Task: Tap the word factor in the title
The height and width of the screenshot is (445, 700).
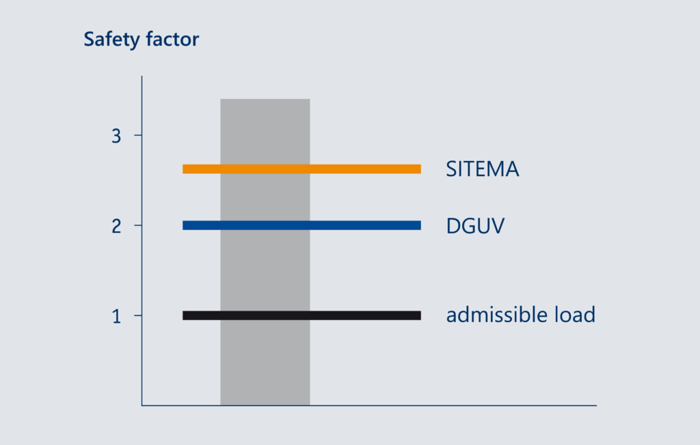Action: [x=172, y=40]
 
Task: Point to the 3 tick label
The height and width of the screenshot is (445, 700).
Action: [x=116, y=136]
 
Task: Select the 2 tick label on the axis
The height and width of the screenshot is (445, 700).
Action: [x=116, y=226]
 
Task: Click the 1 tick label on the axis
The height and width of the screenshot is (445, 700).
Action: [x=117, y=316]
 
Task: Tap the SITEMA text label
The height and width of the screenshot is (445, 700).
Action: [x=483, y=169]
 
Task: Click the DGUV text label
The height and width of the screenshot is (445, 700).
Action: [x=475, y=226]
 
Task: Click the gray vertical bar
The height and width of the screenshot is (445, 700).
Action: [x=265, y=369]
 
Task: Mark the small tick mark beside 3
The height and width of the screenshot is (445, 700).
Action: [x=137, y=135]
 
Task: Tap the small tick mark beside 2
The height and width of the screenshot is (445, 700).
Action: [x=137, y=225]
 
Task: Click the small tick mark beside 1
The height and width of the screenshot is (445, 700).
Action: [x=137, y=315]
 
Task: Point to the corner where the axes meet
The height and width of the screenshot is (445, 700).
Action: [x=142, y=405]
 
